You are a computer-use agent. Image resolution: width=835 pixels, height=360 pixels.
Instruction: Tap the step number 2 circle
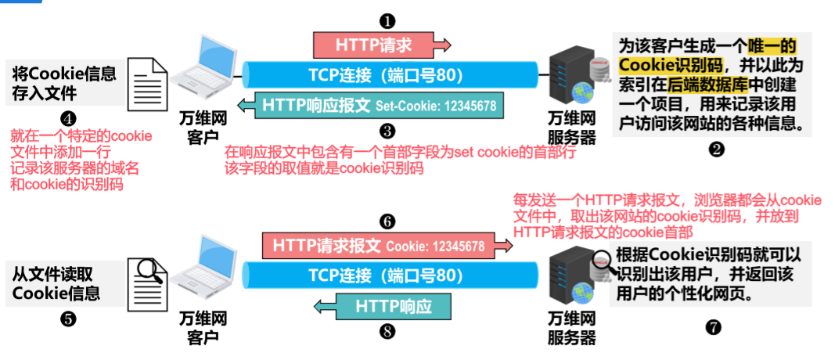click(x=715, y=151)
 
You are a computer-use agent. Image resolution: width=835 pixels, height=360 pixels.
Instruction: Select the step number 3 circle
click(x=387, y=131)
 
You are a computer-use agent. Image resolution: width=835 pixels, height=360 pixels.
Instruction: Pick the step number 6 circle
click(x=387, y=221)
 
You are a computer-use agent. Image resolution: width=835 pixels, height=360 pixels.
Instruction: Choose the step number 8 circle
click(x=387, y=330)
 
